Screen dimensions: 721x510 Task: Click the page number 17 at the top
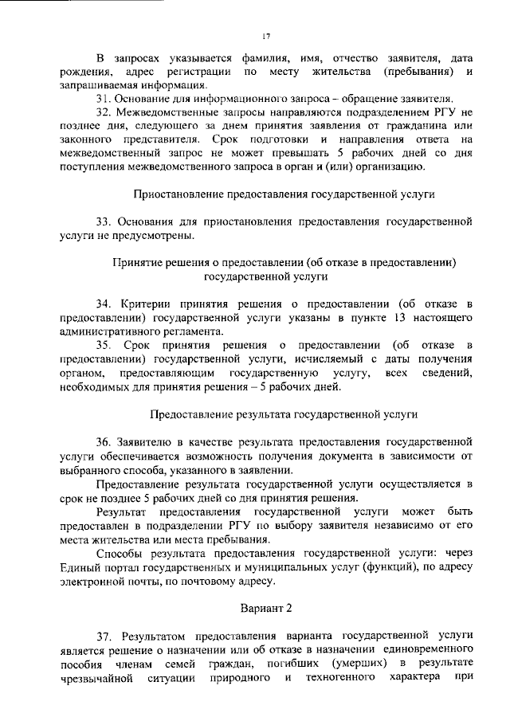[x=267, y=35]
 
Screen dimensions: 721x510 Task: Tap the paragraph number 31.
[x=104, y=98]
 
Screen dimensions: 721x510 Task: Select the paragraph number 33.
[x=104, y=219]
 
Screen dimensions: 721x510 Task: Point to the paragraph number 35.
[x=104, y=345]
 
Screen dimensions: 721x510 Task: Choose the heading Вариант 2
[x=267, y=608]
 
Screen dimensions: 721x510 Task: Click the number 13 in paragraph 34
[x=370, y=318]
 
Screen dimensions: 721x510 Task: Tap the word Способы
[x=121, y=553]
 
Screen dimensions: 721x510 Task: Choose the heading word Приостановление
[x=178, y=194]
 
